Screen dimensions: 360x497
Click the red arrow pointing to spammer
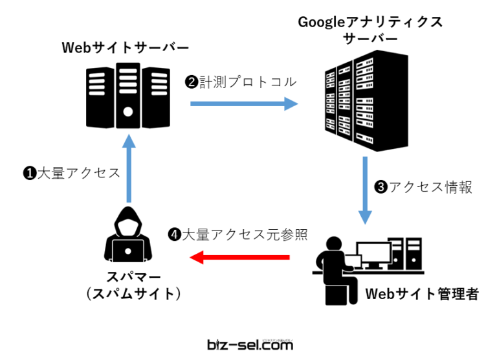[x=239, y=258]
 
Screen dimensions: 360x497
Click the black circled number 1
[x=28, y=174]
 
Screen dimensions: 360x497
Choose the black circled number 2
[x=191, y=82]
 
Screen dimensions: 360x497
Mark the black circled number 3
[x=381, y=188]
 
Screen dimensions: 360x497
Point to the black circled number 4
[x=173, y=234]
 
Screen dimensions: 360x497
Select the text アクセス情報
[x=430, y=188]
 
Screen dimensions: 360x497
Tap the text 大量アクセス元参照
[x=243, y=234]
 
